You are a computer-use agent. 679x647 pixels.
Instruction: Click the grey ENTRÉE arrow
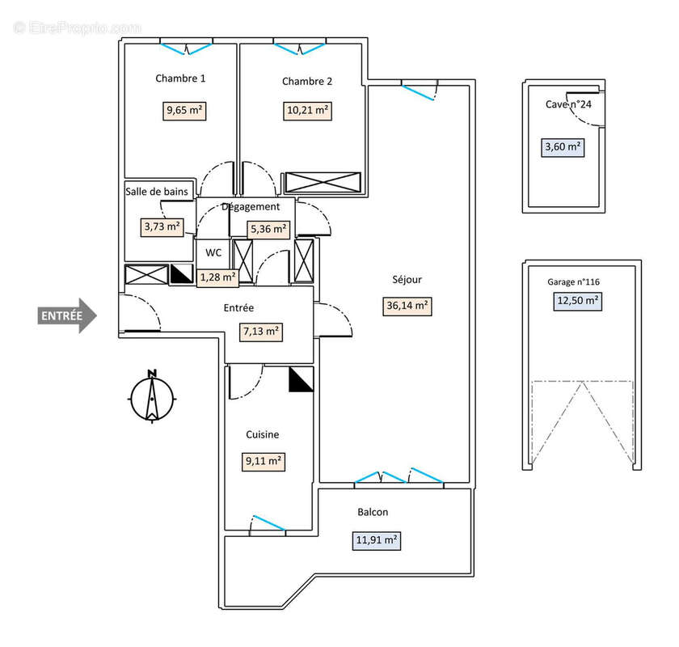click(67, 315)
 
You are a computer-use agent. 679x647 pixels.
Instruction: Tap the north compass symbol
click(151, 396)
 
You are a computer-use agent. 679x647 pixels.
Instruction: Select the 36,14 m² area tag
click(407, 306)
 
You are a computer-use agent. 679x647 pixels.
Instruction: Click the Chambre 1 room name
click(180, 78)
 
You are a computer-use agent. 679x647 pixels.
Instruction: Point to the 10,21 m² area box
click(307, 111)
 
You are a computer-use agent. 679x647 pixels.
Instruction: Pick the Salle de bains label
click(157, 192)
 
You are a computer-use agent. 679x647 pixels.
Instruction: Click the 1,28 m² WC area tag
click(218, 278)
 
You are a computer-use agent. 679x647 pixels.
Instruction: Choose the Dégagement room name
click(251, 207)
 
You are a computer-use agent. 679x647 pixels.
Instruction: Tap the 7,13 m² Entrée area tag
click(261, 331)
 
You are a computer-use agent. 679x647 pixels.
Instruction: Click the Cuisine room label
click(263, 434)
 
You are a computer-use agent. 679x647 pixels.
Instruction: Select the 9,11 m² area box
click(264, 461)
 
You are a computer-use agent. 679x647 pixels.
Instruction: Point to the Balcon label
click(373, 512)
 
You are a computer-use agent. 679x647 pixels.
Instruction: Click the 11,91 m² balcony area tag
click(377, 539)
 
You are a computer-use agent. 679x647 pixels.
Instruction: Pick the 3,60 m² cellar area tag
click(563, 147)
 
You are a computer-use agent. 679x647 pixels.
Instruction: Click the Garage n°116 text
click(573, 282)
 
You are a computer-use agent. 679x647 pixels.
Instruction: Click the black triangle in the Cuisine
click(301, 378)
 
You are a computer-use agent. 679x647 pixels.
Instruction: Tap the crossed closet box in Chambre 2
click(323, 183)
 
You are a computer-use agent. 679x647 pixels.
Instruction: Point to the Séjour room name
click(407, 280)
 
